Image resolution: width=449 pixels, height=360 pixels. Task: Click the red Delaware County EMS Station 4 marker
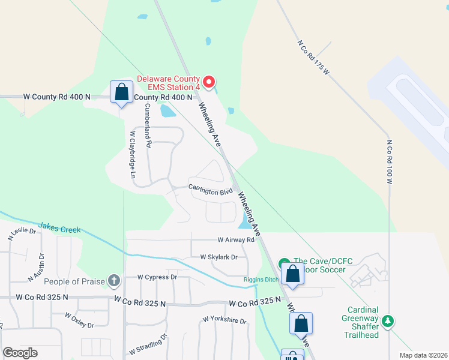pyautogui.click(x=209, y=82)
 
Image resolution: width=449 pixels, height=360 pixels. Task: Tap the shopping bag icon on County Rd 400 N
pyautogui.click(x=121, y=92)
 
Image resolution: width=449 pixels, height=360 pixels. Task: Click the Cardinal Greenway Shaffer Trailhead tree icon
pyautogui.click(x=388, y=322)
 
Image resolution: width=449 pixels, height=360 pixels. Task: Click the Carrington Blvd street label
pyautogui.click(x=210, y=191)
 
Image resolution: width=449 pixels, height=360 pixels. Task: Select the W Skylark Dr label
pyautogui.click(x=219, y=257)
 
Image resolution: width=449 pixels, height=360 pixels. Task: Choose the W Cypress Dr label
pyautogui.click(x=157, y=277)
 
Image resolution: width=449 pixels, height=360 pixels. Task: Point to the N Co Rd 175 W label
pyautogui.click(x=315, y=58)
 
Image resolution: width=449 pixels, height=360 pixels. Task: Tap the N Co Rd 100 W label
pyautogui.click(x=389, y=162)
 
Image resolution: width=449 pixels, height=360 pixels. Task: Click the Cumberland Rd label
pyautogui.click(x=147, y=125)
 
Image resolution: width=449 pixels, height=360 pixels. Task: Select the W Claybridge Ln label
pyautogui.click(x=133, y=155)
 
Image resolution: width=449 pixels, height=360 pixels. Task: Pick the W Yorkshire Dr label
pyautogui.click(x=224, y=321)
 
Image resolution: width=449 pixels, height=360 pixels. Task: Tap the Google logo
pyautogui.click(x=20, y=352)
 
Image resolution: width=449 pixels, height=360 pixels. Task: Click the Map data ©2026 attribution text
pyautogui.click(x=423, y=355)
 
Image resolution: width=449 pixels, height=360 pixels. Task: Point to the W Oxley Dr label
pyautogui.click(x=80, y=320)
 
